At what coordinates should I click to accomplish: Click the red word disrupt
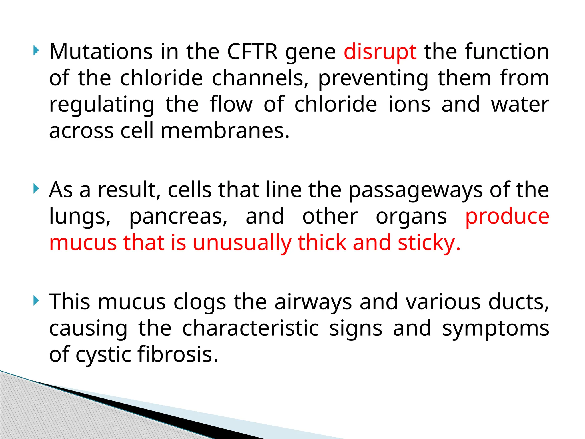pyautogui.click(x=380, y=52)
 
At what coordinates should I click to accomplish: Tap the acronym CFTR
pyautogui.click(x=252, y=52)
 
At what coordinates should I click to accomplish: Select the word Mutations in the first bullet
pyautogui.click(x=101, y=52)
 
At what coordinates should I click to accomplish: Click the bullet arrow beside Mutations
pyautogui.click(x=36, y=51)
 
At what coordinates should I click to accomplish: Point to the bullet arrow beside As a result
pyautogui.click(x=36, y=189)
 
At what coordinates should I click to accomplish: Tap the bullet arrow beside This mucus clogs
pyautogui.click(x=36, y=300)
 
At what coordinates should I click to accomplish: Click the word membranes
pyautogui.click(x=225, y=131)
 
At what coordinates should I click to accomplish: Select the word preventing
pyautogui.click(x=373, y=79)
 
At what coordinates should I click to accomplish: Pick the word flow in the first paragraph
pyautogui.click(x=231, y=104)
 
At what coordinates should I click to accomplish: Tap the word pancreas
pyautogui.click(x=178, y=217)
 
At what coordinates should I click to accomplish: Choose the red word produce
pyautogui.click(x=507, y=217)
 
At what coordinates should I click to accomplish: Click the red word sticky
pyautogui.click(x=429, y=243)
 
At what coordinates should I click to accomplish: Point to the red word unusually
pyautogui.click(x=242, y=243)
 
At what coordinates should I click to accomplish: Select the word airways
pyautogui.click(x=313, y=302)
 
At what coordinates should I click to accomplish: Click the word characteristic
pyautogui.click(x=251, y=328)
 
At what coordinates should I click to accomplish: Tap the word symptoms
pyautogui.click(x=496, y=328)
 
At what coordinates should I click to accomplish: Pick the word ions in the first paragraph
pyautogui.click(x=409, y=104)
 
